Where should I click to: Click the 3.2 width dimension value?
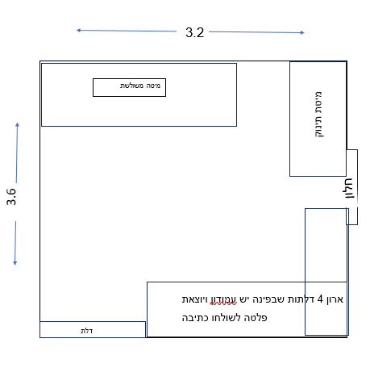coord(195,33)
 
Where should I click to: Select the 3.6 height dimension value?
coord(12,197)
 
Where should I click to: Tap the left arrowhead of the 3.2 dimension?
coord(79,30)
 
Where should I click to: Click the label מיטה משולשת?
coord(129,86)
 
